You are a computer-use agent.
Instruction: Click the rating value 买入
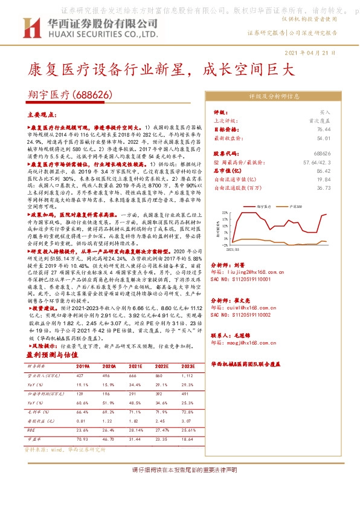tap(325, 112)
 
